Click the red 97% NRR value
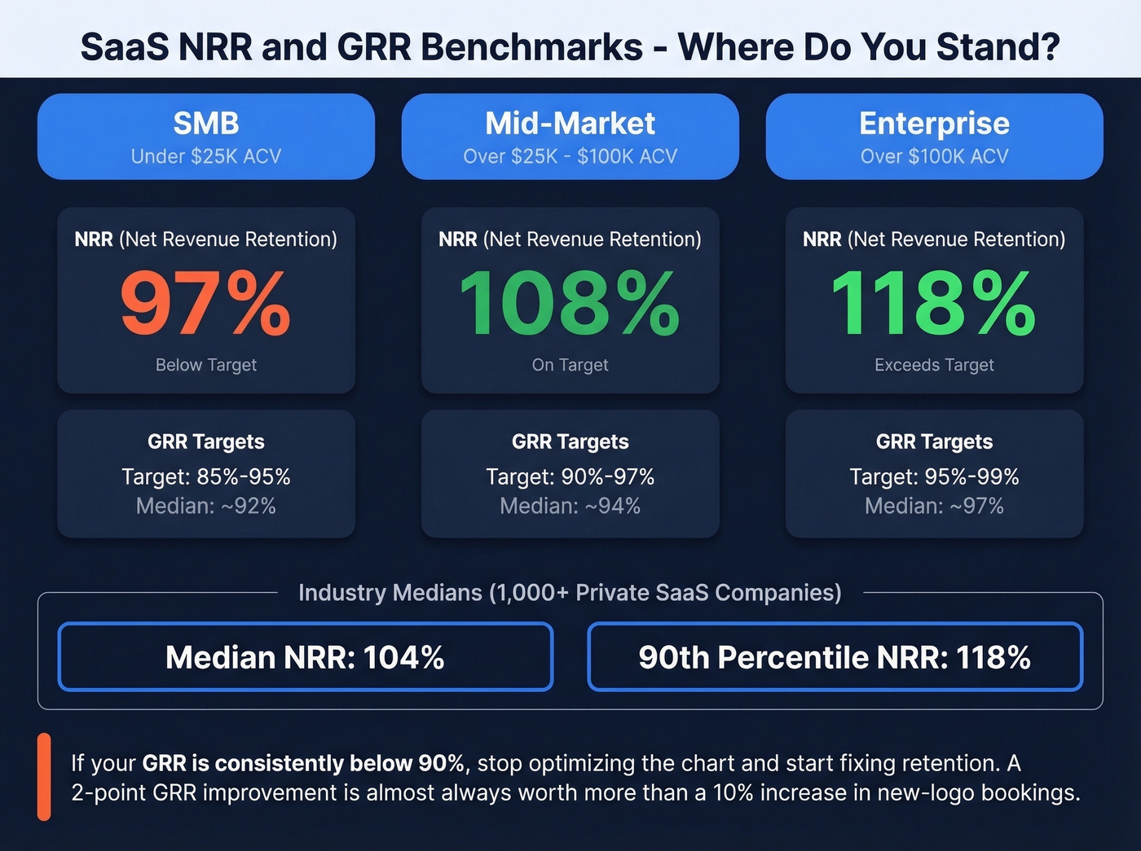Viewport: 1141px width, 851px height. tap(205, 304)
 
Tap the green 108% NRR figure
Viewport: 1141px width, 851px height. tap(570, 304)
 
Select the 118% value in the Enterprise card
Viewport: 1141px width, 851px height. tap(934, 304)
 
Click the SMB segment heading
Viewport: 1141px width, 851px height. tap(206, 124)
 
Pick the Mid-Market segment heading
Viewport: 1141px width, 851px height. tap(570, 124)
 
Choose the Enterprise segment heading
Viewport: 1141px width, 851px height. tap(934, 124)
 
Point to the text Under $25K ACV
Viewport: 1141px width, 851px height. tap(206, 156)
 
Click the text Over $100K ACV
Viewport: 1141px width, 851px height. tap(934, 156)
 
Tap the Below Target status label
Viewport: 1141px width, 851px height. tap(206, 365)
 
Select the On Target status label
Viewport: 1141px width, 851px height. tap(570, 365)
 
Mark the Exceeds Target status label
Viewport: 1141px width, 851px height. tap(934, 365)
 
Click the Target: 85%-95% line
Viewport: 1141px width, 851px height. tap(206, 476)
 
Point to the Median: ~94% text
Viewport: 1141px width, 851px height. tap(570, 506)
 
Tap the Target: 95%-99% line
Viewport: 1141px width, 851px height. tap(934, 476)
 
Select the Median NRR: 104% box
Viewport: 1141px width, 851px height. tap(305, 657)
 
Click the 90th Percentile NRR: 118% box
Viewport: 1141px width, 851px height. tap(835, 657)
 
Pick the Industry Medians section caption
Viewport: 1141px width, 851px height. tap(570, 592)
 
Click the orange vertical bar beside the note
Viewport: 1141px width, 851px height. tap(44, 776)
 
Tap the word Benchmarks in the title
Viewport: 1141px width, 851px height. tap(531, 47)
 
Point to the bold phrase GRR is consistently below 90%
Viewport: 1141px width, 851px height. tap(303, 763)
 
